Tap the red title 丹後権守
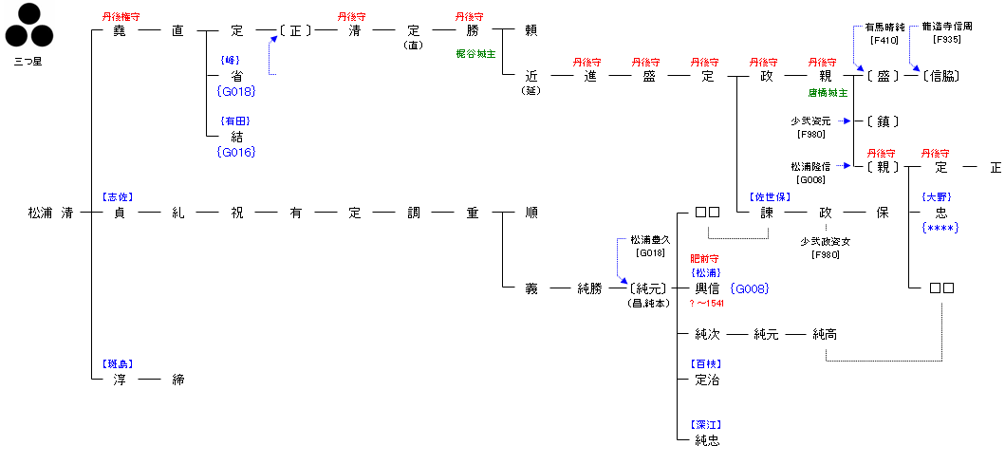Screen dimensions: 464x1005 pyautogui.click(x=121, y=17)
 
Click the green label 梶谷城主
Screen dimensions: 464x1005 pyautogui.click(x=475, y=54)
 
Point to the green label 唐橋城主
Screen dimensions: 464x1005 pyautogui.click(x=828, y=93)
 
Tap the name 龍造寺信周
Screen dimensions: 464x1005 pyautogui.click(x=946, y=28)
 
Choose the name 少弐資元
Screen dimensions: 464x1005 pyautogui.click(x=810, y=121)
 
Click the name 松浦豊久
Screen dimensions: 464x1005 pyautogui.click(x=650, y=242)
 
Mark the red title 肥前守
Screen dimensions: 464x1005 pyautogui.click(x=703, y=258)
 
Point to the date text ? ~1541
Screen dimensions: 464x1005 pyautogui.click(x=706, y=303)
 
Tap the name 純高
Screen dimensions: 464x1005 pyautogui.click(x=825, y=334)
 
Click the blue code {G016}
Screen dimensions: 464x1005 pyautogui.click(x=236, y=152)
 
